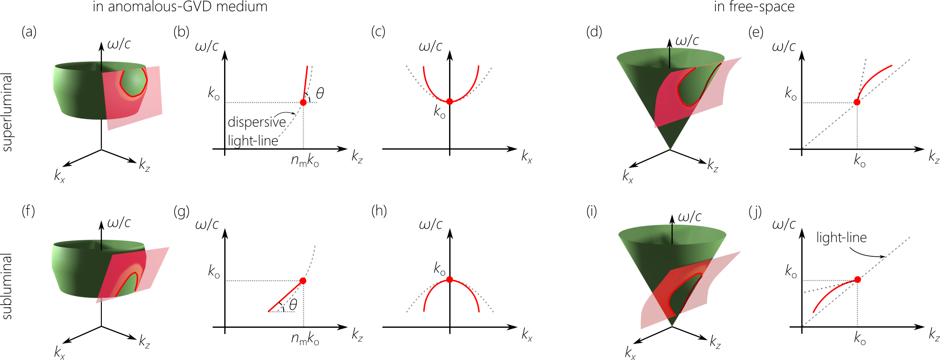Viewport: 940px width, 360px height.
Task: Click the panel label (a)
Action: click(29, 32)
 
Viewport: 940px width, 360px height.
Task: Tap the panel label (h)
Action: click(379, 210)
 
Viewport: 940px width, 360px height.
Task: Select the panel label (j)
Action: click(755, 211)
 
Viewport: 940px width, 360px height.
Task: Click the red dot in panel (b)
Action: click(303, 102)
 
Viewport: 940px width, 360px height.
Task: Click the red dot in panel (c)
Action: click(450, 101)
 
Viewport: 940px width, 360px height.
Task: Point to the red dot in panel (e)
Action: click(857, 102)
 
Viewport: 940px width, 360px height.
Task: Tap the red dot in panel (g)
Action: click(303, 281)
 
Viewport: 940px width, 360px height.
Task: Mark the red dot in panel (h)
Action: click(450, 280)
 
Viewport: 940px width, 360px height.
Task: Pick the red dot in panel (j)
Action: click(857, 280)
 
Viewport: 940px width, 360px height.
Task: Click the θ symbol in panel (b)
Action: click(320, 93)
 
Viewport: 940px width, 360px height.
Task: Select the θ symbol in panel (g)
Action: click(293, 305)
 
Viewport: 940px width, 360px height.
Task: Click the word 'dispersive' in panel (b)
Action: click(256, 122)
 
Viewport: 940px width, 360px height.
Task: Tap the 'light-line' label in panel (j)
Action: click(841, 237)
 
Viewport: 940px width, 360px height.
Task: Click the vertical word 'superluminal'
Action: click(7, 112)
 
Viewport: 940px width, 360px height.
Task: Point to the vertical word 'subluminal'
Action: click(7, 286)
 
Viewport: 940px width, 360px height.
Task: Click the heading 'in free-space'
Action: click(754, 7)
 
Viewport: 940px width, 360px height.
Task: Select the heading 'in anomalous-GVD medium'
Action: click(180, 7)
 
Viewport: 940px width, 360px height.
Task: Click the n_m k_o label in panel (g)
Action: click(305, 339)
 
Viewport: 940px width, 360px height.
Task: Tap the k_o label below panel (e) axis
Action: click(860, 160)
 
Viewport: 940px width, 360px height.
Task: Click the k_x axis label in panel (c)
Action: click(527, 157)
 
